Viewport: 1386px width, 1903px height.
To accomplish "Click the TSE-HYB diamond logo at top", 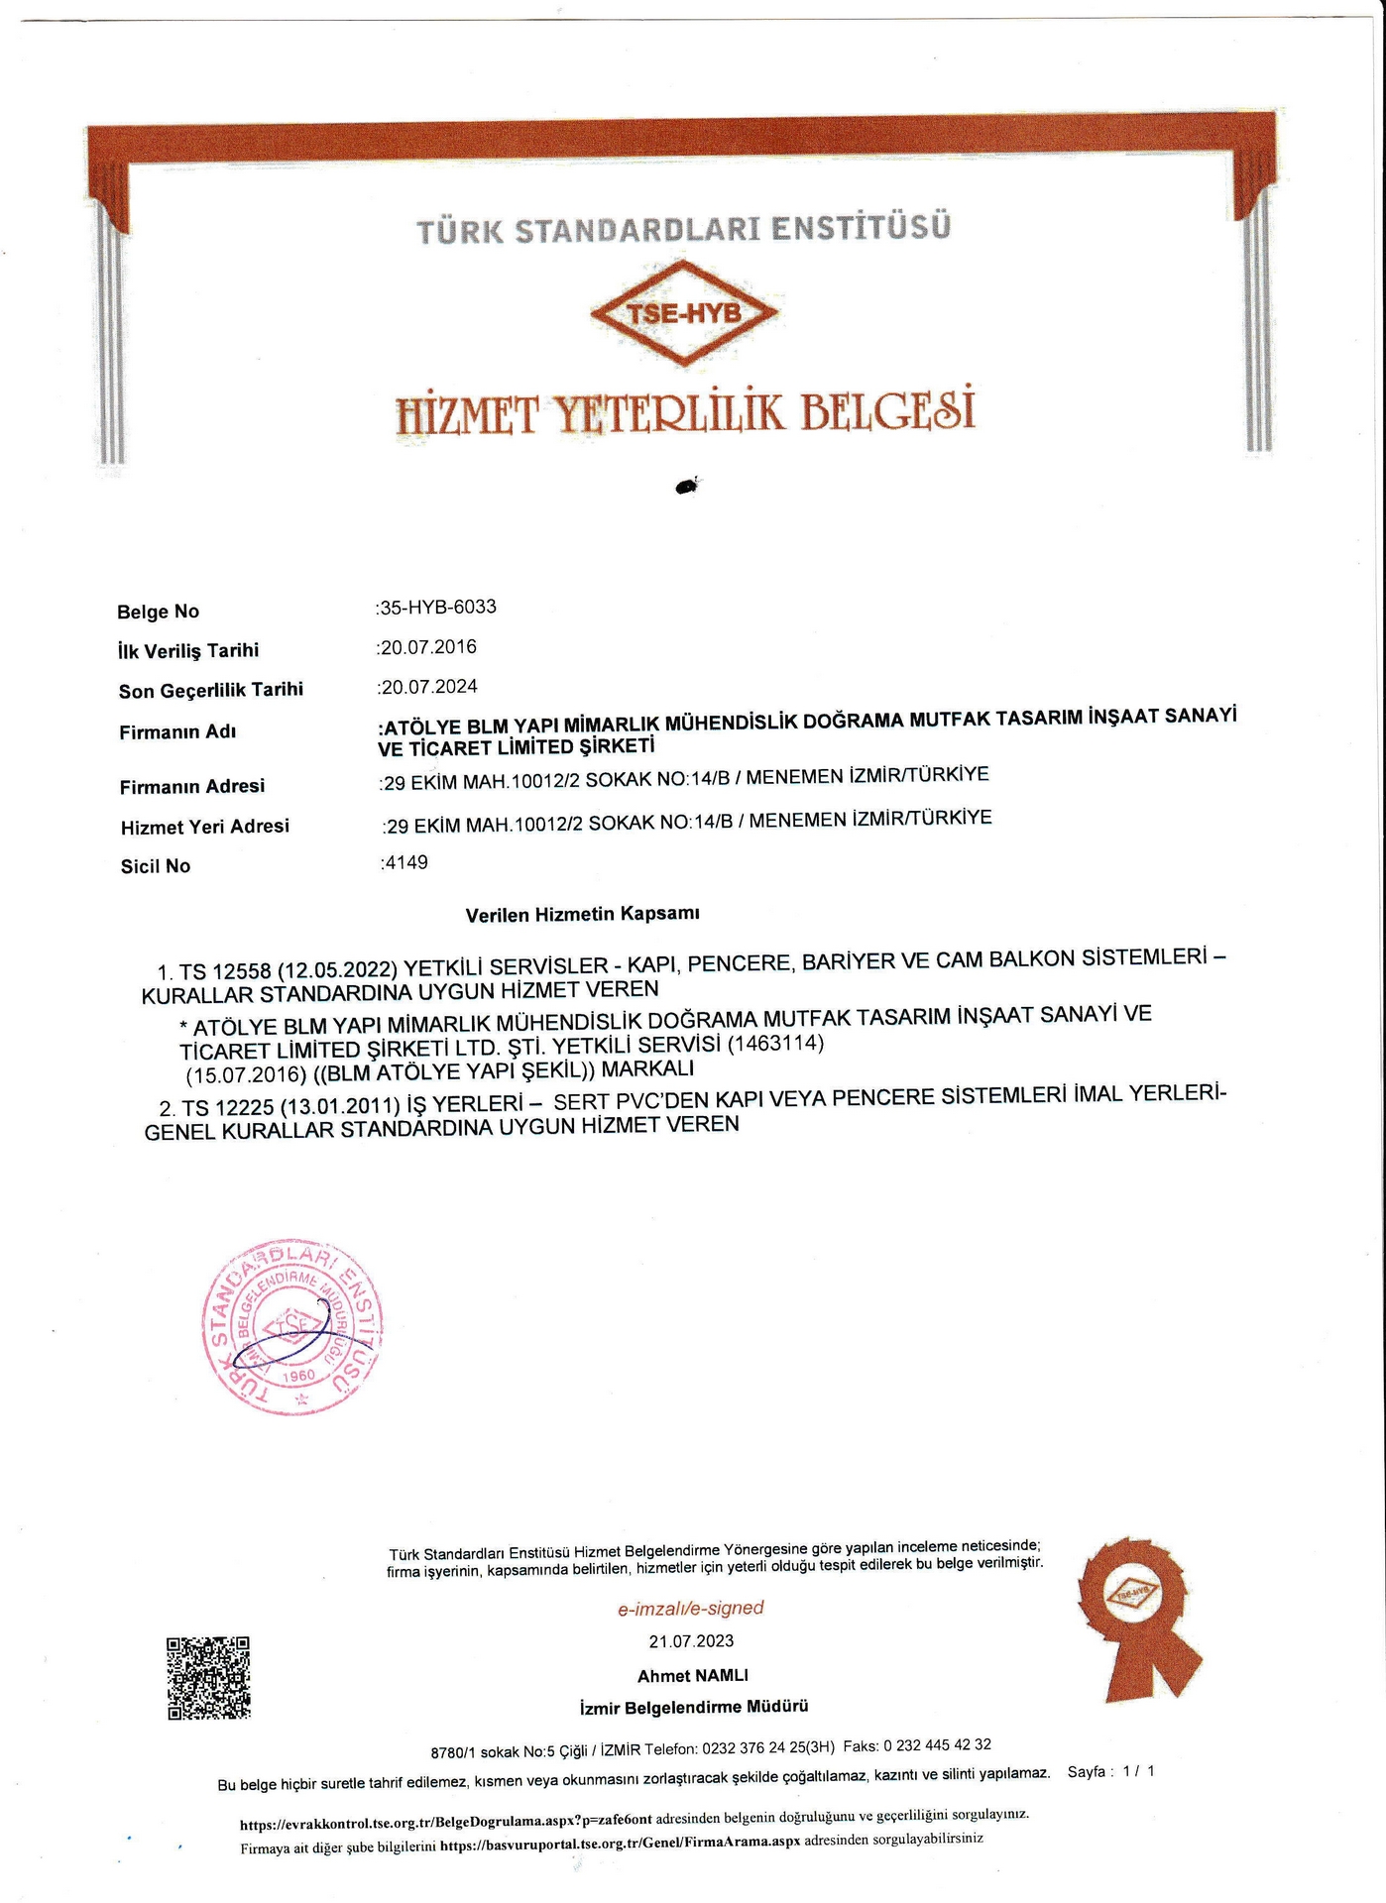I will point(684,313).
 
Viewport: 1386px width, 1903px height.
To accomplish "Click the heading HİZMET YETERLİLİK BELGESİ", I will point(685,411).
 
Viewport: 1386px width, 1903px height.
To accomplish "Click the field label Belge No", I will point(158,612).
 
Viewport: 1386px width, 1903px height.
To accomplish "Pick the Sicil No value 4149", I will point(406,862).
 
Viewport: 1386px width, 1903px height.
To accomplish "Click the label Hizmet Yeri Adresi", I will point(204,827).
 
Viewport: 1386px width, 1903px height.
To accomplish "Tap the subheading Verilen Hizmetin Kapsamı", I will point(583,914).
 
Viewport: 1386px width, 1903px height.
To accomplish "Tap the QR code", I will point(208,1677).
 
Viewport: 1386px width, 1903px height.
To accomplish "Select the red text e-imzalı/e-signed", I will point(690,1609).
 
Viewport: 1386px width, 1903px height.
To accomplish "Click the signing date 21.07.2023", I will point(691,1641).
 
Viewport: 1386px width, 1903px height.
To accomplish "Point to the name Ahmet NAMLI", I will point(692,1675).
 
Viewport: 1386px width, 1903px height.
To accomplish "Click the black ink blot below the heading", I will point(686,486).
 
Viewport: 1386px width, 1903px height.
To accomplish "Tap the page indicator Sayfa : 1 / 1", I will point(1110,1771).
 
